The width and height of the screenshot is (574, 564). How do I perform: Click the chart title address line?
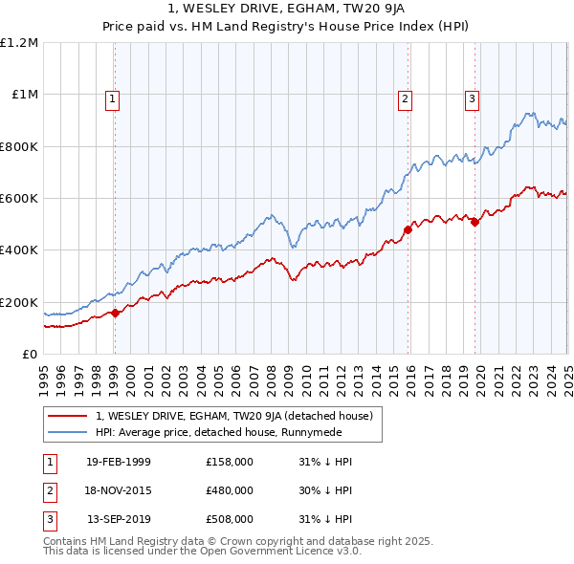(x=286, y=10)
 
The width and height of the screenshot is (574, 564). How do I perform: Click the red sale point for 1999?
(x=115, y=313)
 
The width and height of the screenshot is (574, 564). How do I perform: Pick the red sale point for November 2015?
(x=408, y=229)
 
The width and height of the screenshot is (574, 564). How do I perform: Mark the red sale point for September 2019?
(x=475, y=223)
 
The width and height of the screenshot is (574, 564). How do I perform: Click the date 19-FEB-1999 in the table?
(x=119, y=462)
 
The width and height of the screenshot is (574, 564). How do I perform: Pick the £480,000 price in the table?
(x=230, y=490)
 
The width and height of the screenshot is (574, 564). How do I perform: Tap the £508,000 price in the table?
(x=230, y=519)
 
